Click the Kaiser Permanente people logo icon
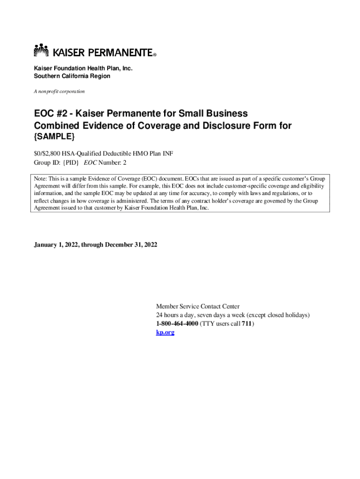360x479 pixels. (x=41, y=51)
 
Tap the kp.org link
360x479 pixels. (x=165, y=332)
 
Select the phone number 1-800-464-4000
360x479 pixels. (x=177, y=324)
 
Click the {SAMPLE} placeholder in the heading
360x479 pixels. (x=54, y=138)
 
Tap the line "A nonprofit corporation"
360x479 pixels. (x=59, y=91)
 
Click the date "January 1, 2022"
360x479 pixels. (x=57, y=245)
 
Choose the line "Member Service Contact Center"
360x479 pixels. (x=198, y=306)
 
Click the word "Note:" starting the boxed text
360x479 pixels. (x=40, y=179)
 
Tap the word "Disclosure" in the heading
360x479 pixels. (x=216, y=126)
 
